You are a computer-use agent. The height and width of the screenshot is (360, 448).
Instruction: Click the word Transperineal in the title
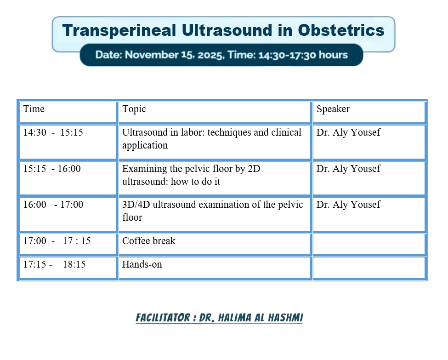point(119,31)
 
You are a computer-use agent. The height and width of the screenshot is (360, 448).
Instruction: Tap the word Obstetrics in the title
point(341,30)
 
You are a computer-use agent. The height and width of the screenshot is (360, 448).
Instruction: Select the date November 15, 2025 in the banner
point(174,55)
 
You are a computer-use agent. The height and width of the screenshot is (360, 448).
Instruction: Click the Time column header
point(34,109)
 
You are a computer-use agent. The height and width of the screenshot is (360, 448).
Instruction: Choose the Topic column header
point(134,109)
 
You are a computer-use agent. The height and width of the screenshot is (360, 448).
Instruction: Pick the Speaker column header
point(333,109)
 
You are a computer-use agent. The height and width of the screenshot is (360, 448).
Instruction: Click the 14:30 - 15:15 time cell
point(53,132)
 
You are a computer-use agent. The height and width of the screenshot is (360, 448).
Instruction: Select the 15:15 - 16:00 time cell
point(52,169)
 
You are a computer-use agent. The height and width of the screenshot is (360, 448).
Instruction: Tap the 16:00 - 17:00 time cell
point(53,205)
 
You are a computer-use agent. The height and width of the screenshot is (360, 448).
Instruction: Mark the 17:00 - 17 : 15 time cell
point(57,241)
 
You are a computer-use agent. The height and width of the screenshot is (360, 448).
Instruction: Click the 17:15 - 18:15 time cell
point(54,264)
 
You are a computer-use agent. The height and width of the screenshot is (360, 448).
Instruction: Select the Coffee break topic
point(149,241)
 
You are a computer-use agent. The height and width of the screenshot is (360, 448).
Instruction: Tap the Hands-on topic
point(142,264)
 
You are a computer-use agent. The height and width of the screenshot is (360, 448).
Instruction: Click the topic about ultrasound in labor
point(212,139)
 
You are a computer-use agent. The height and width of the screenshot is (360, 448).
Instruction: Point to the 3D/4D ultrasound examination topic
point(213,211)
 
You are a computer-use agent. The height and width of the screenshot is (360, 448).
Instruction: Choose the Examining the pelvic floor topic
point(191,175)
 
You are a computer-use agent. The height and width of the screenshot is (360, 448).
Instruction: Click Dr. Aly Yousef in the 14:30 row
point(348,132)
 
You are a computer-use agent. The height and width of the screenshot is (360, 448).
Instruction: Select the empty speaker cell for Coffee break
point(369,244)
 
